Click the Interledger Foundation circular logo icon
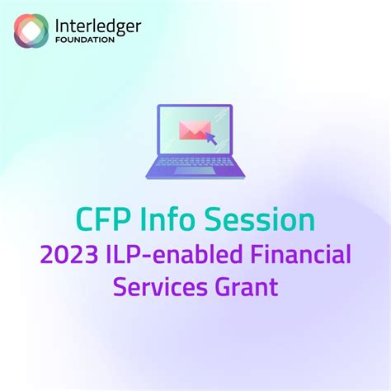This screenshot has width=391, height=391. pyautogui.click(x=31, y=31)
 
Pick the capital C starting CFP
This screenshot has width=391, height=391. pyautogui.click(x=86, y=219)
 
